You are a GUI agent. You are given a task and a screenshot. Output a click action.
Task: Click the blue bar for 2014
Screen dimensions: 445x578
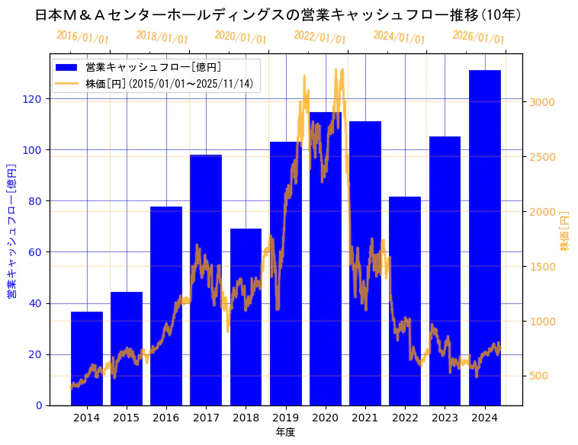(x=87, y=358)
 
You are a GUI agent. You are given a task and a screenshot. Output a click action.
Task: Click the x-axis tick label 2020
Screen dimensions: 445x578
(x=326, y=417)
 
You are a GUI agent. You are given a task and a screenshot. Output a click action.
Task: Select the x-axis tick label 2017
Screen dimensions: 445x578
(x=206, y=417)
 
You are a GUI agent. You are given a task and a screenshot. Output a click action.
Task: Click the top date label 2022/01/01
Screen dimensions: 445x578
(x=320, y=37)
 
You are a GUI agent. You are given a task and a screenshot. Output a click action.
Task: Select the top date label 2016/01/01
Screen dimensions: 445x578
(x=82, y=37)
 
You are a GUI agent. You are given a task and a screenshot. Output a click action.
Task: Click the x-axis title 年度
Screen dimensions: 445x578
(x=285, y=432)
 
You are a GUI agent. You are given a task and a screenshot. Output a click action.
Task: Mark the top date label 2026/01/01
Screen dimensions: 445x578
(x=478, y=37)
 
